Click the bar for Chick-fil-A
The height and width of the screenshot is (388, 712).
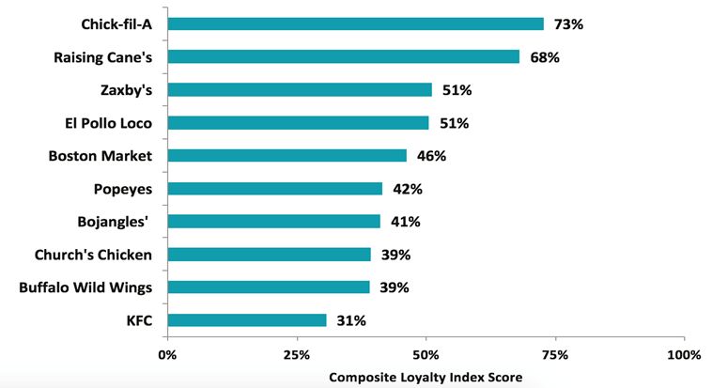355,23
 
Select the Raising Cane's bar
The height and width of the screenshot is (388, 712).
343,56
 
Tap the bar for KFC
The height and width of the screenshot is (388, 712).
247,320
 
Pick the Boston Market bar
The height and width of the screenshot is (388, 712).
286,155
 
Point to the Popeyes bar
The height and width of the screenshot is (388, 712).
274,188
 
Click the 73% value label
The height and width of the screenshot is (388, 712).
567,23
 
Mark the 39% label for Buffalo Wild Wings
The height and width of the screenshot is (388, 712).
393,287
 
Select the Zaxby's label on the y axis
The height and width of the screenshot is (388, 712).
127,90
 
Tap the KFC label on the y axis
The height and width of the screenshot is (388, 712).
138,320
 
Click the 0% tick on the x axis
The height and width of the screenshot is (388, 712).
167,355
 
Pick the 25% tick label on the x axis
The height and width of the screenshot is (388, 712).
297,355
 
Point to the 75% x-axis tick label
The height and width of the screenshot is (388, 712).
555,355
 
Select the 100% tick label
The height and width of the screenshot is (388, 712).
683,355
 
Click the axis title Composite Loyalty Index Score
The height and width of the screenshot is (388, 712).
426,377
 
